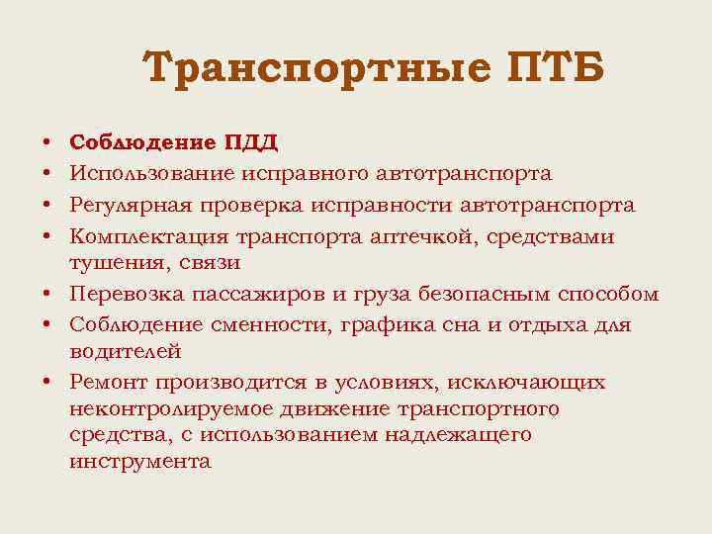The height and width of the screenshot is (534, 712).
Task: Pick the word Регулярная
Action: tap(131, 206)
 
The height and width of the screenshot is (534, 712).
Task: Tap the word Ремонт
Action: tap(106, 383)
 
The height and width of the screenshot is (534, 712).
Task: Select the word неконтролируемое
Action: tap(162, 408)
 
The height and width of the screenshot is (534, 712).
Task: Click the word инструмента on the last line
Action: tap(139, 462)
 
